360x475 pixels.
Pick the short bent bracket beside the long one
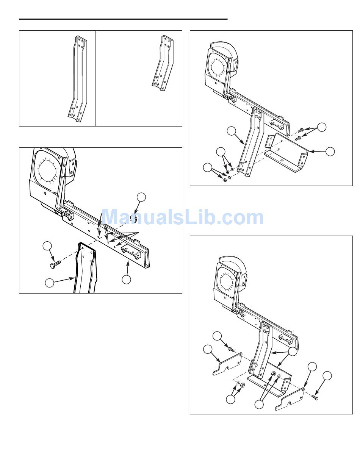[163, 63]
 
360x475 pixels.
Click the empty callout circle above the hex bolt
[47, 246]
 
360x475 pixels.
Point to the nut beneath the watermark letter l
[134, 219]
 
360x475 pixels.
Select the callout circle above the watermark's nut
[141, 197]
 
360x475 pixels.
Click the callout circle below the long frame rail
[127, 280]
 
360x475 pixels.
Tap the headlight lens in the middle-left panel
[48, 169]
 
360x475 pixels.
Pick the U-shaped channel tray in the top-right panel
[286, 153]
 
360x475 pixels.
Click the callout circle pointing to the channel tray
[330, 152]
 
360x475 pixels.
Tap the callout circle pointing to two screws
[322, 127]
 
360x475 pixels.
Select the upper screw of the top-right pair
[300, 130]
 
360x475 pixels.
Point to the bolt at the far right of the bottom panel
[315, 397]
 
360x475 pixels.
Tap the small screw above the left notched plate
[230, 348]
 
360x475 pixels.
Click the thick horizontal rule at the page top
[123, 19]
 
